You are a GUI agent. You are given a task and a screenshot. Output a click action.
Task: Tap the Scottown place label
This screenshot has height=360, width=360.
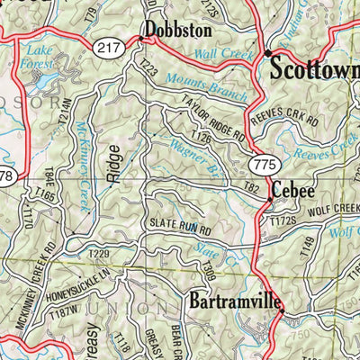pos(314,67)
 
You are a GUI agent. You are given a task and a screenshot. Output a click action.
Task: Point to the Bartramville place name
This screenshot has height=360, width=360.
pos(233,300)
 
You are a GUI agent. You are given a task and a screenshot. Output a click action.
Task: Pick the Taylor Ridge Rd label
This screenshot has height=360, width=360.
pos(212,119)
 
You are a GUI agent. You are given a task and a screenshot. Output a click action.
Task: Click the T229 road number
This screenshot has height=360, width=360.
pos(99,255)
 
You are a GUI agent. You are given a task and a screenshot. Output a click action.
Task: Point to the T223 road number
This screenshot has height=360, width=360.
pos(148,67)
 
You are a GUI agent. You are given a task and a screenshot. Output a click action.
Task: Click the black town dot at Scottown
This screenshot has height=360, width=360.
pos(267,54)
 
